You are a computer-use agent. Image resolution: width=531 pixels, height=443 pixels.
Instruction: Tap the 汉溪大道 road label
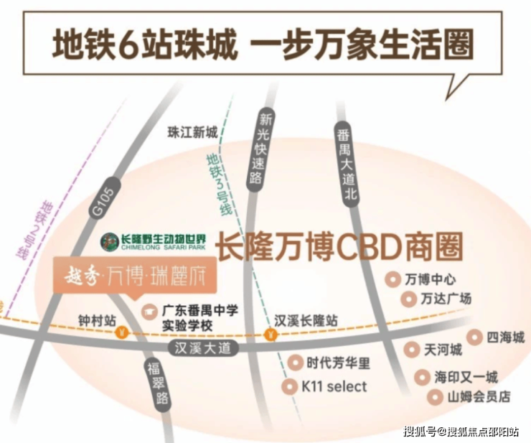(203, 348)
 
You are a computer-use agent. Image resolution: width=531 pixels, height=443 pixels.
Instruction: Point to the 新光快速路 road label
(260, 149)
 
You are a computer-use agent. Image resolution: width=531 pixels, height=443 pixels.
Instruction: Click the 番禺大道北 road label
(346, 164)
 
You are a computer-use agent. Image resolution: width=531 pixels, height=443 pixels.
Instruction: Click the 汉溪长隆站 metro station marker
(271, 335)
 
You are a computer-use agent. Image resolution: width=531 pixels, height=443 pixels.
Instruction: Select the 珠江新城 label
(192, 132)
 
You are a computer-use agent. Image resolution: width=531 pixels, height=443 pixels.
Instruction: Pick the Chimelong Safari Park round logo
(109, 242)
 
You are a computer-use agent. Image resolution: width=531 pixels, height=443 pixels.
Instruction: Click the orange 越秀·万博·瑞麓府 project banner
(135, 275)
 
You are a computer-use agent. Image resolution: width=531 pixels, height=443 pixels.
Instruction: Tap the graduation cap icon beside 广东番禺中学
(149, 312)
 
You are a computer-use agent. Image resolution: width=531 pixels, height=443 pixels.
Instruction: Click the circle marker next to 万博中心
(393, 279)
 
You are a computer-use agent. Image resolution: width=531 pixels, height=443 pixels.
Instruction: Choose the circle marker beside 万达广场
(408, 299)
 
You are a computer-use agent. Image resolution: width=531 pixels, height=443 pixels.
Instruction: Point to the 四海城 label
(505, 337)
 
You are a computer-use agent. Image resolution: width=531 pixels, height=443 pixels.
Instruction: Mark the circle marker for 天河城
(412, 350)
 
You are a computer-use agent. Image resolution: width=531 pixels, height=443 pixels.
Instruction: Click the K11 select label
(334, 387)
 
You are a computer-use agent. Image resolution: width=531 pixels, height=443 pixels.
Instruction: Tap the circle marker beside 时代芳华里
(296, 363)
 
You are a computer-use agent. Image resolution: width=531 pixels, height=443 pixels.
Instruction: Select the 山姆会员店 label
(479, 396)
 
